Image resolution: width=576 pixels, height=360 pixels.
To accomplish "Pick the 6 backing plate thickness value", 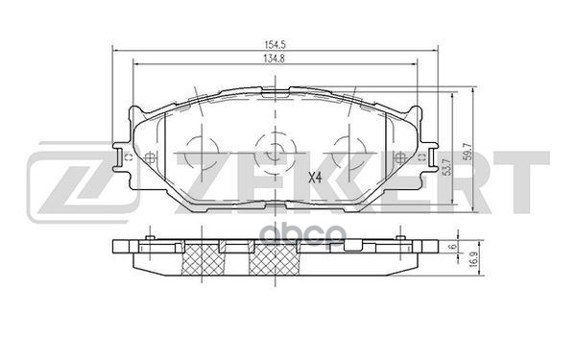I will [451, 247].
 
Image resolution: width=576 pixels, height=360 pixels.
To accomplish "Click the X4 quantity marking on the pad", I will [314, 177].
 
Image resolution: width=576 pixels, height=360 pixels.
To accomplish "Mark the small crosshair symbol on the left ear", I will [150, 159].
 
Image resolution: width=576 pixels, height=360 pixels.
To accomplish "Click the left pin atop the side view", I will [151, 233].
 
